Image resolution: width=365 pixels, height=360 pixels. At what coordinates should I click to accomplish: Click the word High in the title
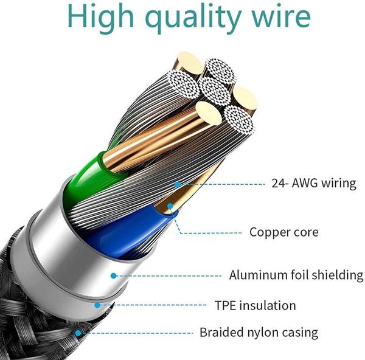click(x=101, y=17)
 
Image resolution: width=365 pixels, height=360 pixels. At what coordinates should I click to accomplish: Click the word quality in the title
click(x=193, y=18)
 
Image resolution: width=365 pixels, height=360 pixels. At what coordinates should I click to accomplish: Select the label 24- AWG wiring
click(x=314, y=183)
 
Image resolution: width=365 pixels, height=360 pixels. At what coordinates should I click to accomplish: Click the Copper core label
click(x=284, y=232)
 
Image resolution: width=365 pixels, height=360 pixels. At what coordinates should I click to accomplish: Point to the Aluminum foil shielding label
click(x=296, y=275)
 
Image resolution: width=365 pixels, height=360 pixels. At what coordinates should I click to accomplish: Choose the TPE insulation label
click(x=255, y=305)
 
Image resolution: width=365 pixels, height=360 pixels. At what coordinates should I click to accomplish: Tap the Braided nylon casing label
click(x=259, y=333)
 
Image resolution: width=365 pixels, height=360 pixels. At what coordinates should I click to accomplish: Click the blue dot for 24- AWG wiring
click(x=178, y=184)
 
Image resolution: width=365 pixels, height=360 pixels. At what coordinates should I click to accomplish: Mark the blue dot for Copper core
click(x=170, y=206)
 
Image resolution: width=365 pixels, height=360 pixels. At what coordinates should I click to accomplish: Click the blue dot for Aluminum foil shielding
click(x=113, y=276)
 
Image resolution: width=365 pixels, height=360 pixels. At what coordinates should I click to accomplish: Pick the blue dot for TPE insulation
click(x=97, y=305)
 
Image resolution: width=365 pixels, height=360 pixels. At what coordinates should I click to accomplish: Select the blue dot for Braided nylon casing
click(x=78, y=333)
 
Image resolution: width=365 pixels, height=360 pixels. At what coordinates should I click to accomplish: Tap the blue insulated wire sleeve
click(x=126, y=233)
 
